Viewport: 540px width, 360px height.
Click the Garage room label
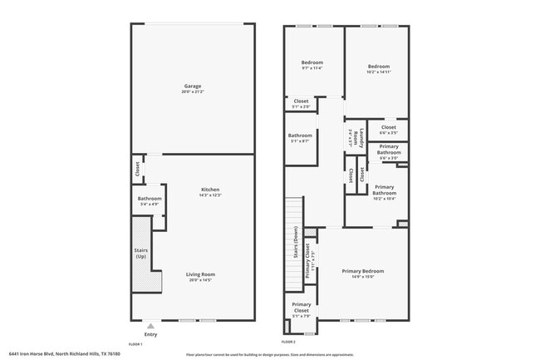click(192, 86)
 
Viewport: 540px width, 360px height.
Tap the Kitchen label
click(209, 190)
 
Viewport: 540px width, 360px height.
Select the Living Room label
click(199, 275)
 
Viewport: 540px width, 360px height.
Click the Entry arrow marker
click(150, 326)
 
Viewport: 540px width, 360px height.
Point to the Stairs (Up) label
click(140, 252)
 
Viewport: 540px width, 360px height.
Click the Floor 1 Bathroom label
click(150, 199)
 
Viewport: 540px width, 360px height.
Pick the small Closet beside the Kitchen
click(137, 169)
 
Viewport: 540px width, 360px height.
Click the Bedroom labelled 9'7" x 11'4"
click(312, 63)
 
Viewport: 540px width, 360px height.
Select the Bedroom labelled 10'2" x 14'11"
click(379, 67)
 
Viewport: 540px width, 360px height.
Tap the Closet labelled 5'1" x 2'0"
click(301, 101)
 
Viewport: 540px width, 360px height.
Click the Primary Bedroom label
click(363, 271)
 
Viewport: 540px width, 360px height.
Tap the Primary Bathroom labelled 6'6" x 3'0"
click(388, 150)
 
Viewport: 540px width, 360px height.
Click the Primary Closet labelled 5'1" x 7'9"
click(301, 306)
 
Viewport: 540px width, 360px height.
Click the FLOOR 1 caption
click(135, 343)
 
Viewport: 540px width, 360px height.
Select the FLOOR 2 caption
click(288, 342)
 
